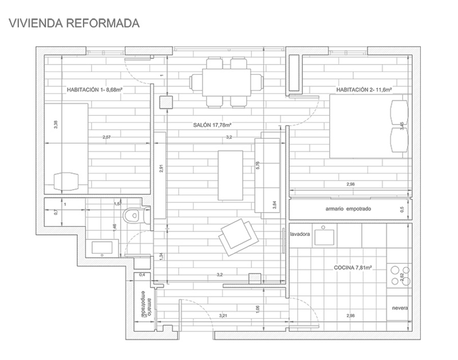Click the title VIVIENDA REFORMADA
(74, 23)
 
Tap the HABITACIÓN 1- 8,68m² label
(96, 89)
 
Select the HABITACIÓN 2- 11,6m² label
(363, 89)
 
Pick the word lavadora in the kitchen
(300, 234)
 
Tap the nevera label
(399, 308)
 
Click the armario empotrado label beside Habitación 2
(349, 209)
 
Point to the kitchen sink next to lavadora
(324, 236)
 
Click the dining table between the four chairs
(226, 82)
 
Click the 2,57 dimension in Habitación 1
(106, 137)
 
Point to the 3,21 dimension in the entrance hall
(222, 316)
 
